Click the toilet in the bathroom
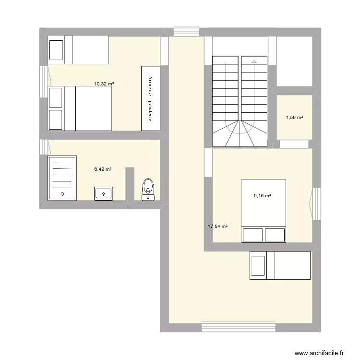point(148,189)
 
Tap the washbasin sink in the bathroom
point(103,193)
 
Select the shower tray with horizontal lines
point(62,178)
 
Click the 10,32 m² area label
point(104,84)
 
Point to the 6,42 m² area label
point(103,169)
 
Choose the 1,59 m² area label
point(295,118)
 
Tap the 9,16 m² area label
point(263,196)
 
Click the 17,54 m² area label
point(217,227)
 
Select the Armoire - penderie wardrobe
point(151,98)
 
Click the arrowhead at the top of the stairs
point(254,61)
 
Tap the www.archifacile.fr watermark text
point(319,353)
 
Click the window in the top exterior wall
point(186,31)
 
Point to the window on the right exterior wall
point(316,204)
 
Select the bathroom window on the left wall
point(44,147)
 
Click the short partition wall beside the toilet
point(130,184)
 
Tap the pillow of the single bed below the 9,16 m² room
point(258,265)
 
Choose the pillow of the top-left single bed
point(56,50)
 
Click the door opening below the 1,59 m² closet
point(294,144)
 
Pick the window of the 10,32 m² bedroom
point(44,82)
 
